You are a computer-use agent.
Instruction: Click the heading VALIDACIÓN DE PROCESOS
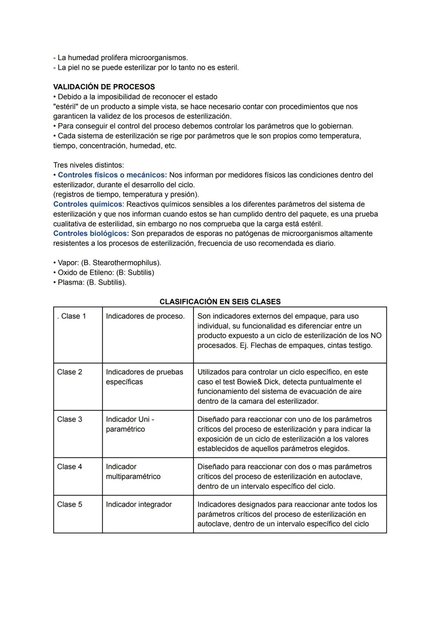[x=104, y=87]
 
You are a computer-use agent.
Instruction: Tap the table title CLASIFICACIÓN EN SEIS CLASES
[x=220, y=302]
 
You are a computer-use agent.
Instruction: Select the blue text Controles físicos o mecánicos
[x=112, y=175]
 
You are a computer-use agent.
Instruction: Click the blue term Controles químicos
[x=87, y=204]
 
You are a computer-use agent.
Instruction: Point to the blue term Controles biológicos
[x=91, y=234]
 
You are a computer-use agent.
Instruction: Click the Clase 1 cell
[x=71, y=317]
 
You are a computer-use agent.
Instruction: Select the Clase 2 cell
[x=69, y=372]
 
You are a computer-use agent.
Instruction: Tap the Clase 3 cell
[x=69, y=419]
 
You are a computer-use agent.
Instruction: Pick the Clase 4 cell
[x=69, y=467]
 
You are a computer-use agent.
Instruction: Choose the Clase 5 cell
[x=69, y=505]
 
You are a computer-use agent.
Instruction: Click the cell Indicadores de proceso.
[x=145, y=317]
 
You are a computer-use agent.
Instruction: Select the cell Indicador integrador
[x=138, y=505]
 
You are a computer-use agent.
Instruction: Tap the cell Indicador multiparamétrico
[x=133, y=471]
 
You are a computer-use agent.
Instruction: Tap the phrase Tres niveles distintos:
[x=89, y=165]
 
